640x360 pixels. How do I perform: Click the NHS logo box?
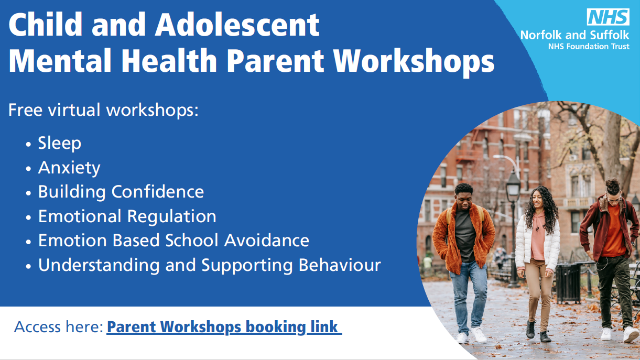click(608, 17)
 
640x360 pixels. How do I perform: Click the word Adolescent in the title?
click(237, 25)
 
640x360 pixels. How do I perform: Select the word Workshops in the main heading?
click(414, 61)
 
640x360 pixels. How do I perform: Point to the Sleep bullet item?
click(59, 143)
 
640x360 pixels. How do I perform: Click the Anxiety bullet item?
click(69, 168)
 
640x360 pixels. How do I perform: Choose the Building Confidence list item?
click(121, 192)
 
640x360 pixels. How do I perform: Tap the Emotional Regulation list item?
click(127, 216)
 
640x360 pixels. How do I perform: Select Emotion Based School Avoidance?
click(173, 241)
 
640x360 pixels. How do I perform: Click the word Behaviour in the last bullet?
click(340, 265)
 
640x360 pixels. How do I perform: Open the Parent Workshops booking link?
click(224, 327)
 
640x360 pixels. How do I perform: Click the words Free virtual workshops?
click(103, 110)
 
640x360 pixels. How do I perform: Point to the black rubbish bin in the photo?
click(569, 283)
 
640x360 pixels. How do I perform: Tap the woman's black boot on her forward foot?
click(530, 329)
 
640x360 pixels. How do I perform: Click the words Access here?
click(59, 327)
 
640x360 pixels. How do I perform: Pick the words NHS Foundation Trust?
click(589, 47)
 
